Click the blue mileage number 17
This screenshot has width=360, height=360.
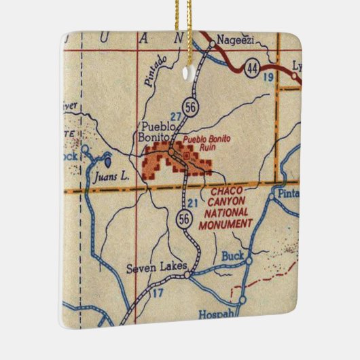(x=158, y=293)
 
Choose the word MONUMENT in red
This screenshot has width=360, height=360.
(x=226, y=223)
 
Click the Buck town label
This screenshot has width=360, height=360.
(x=232, y=257)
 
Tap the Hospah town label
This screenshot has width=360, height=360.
(x=215, y=314)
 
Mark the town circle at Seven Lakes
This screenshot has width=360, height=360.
(x=190, y=276)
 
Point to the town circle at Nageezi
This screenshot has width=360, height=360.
(x=213, y=44)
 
